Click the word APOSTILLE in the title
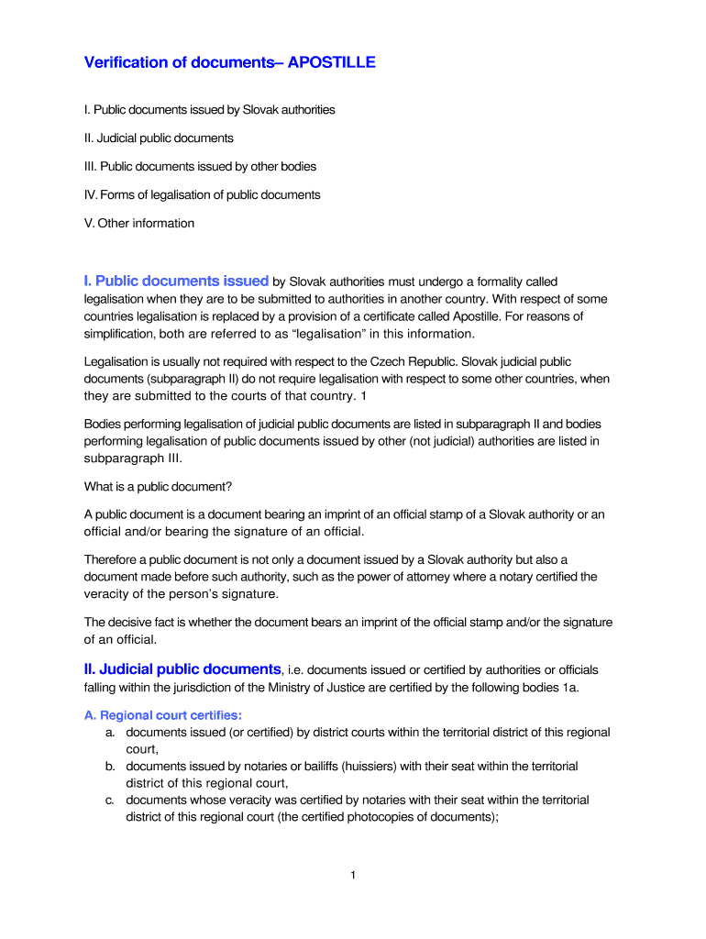331,62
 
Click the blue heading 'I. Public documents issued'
176,281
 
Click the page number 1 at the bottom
353,876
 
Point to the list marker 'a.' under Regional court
109,733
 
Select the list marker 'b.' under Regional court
109,766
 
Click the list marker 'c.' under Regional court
109,800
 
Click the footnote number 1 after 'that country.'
364,396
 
